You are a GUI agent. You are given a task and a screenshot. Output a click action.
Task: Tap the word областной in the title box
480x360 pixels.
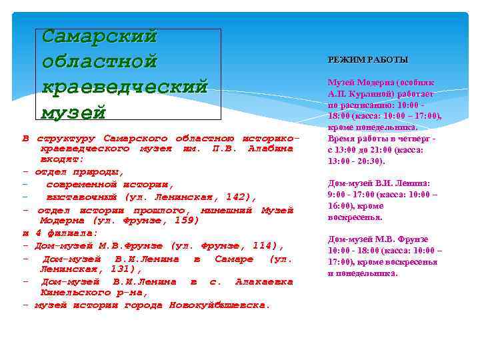(x=99, y=61)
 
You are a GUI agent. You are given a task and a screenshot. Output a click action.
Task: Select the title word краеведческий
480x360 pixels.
(x=125, y=87)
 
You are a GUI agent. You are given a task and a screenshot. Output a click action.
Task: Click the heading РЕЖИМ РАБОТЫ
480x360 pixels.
(x=368, y=60)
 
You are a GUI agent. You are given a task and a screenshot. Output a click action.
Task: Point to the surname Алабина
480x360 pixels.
(x=270, y=148)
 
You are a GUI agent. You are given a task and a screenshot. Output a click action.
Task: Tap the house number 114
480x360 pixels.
(x=263, y=245)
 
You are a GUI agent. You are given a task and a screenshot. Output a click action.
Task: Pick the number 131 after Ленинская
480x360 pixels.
(x=123, y=269)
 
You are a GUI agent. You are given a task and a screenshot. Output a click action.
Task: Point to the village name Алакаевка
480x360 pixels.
(x=264, y=281)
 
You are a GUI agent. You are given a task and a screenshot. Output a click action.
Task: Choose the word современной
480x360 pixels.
(x=84, y=184)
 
